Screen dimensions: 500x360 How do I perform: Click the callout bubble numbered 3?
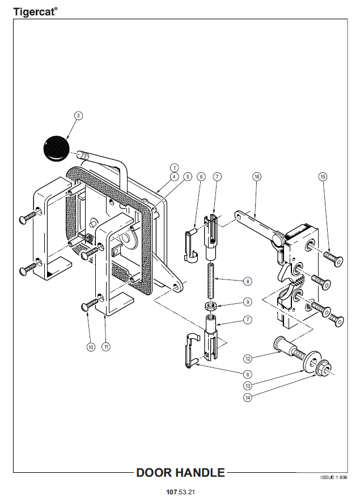(x=79, y=115)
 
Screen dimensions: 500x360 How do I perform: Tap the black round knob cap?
(x=56, y=147)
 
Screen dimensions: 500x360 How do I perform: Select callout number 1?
(x=175, y=168)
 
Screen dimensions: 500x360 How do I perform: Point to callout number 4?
(x=175, y=177)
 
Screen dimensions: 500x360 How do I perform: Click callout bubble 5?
(x=187, y=177)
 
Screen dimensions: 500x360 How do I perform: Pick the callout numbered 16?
(x=257, y=177)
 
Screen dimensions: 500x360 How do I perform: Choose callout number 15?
(x=323, y=177)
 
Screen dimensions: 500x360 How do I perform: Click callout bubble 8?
(x=248, y=281)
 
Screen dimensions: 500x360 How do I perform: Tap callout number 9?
(x=248, y=302)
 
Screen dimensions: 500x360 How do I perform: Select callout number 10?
(x=90, y=346)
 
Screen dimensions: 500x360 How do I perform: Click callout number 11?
(x=105, y=346)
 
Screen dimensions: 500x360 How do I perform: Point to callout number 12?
(x=248, y=358)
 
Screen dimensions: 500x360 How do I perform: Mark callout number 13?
(x=248, y=385)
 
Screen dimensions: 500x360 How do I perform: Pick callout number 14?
(x=248, y=398)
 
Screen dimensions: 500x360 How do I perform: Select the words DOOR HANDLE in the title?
(x=181, y=473)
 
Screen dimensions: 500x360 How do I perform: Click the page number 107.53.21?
(x=181, y=491)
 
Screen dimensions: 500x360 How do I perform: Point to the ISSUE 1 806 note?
(x=333, y=478)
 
